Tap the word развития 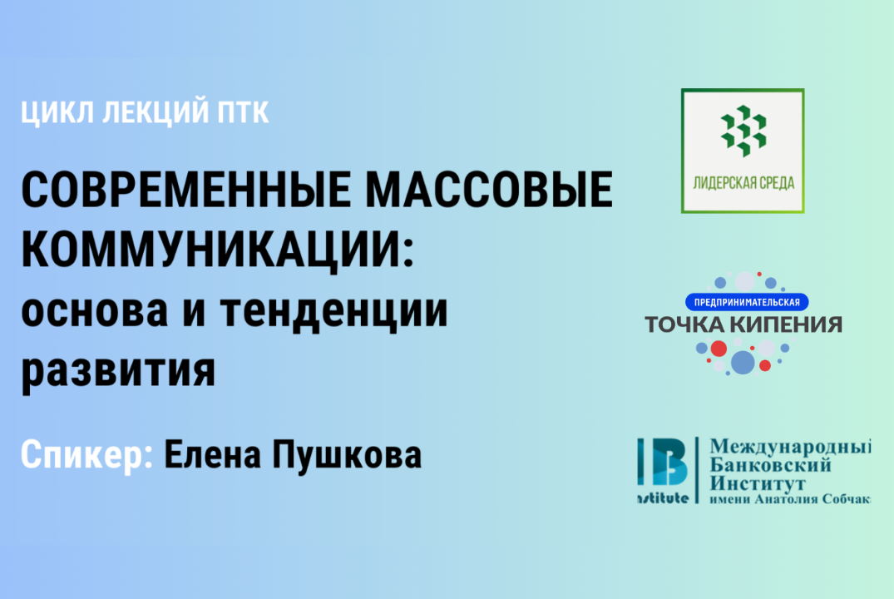pyautogui.click(x=118, y=371)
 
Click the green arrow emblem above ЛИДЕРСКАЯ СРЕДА pyautogui.click(x=743, y=131)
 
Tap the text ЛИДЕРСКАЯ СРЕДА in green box pyautogui.click(x=743, y=183)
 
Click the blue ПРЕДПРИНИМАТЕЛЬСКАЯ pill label pyautogui.click(x=747, y=301)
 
